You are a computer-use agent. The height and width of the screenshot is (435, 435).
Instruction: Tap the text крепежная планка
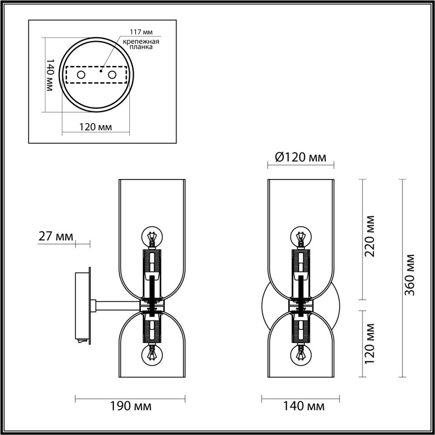[x=141, y=44]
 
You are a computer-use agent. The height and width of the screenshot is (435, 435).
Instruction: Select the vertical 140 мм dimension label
[x=50, y=75]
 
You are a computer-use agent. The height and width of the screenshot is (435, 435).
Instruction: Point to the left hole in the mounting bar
[x=80, y=75]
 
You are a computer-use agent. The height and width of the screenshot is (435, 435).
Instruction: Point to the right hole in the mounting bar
[x=112, y=75]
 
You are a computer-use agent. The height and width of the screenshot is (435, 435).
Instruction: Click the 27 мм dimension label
[x=55, y=236]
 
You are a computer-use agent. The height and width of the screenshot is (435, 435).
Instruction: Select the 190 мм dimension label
[x=130, y=406]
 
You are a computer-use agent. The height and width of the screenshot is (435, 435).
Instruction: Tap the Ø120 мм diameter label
[x=301, y=157]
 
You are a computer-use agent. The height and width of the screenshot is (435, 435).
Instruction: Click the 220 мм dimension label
[x=369, y=236]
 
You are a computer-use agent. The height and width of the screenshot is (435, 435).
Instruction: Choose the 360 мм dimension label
[x=410, y=275]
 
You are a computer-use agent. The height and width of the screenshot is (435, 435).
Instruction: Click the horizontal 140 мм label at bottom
[x=303, y=406]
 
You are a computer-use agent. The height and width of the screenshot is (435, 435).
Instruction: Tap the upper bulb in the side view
[x=152, y=236]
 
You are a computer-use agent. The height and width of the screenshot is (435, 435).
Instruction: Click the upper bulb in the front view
[x=301, y=236]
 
